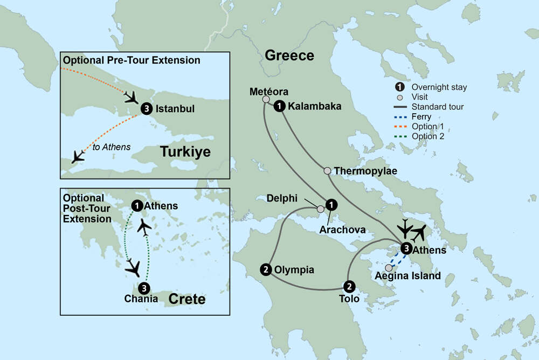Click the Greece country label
289,56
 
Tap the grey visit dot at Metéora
266,99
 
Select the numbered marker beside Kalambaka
279,106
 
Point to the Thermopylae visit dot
327,171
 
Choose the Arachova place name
343,230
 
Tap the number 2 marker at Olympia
265,269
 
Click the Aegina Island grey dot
389,268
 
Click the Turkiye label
185,153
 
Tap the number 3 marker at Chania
143,288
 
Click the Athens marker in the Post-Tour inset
137,205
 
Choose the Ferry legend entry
421,116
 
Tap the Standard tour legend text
437,107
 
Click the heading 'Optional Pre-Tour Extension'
132,60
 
